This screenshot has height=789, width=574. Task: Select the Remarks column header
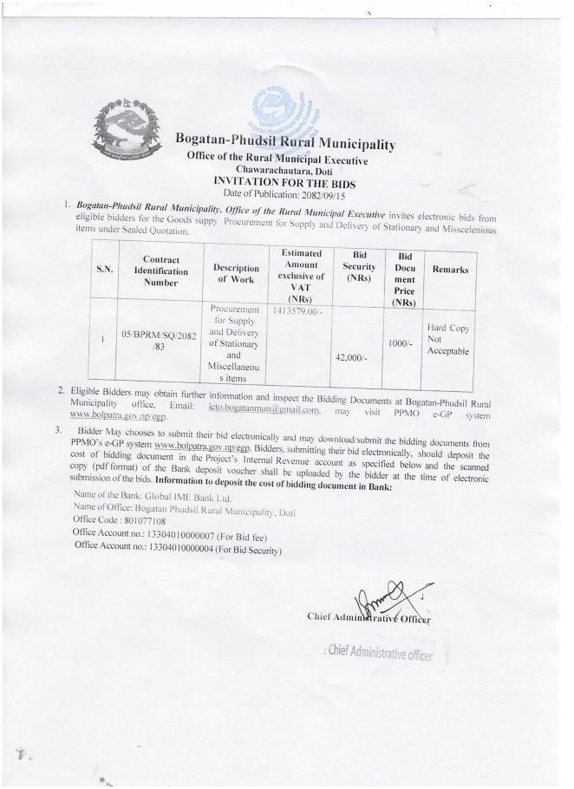coord(447,270)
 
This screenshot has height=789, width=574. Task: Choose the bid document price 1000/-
coord(399,343)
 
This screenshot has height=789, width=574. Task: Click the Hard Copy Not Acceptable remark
coord(447,340)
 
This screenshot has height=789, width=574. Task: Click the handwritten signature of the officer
coord(380,601)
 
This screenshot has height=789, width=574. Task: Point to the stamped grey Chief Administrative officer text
coord(378,655)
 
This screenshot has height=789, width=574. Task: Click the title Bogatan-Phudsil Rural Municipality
coord(284,144)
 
